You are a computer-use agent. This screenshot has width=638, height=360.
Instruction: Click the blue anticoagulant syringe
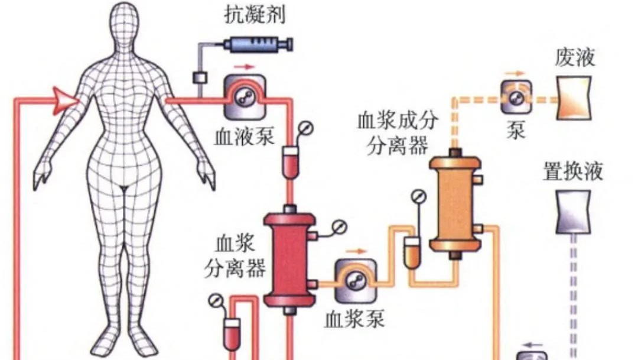(x=256, y=44)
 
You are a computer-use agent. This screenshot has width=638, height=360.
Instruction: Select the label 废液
(x=575, y=57)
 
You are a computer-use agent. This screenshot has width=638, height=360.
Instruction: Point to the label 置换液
(x=572, y=172)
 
